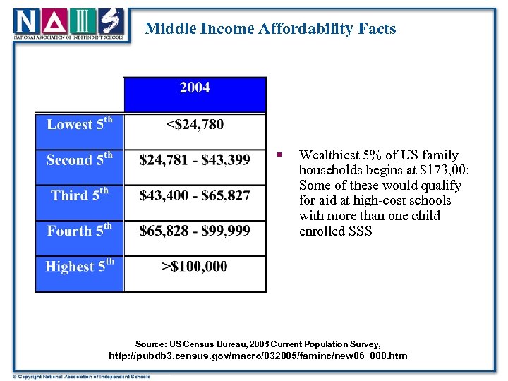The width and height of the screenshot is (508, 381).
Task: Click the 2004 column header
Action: point(195,88)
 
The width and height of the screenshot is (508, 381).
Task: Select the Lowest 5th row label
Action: point(79,124)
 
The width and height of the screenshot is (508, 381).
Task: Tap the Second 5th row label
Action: point(79,160)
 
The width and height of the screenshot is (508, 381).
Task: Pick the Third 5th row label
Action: point(79,195)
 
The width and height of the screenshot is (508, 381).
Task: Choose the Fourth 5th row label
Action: point(79,231)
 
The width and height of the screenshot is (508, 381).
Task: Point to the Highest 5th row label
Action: point(79,267)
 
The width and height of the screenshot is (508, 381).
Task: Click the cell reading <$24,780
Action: point(195,125)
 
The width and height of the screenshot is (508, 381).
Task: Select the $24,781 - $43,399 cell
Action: point(195,160)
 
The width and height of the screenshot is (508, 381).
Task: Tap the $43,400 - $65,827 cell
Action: point(195,195)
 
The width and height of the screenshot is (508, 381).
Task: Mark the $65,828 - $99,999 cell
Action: point(195,231)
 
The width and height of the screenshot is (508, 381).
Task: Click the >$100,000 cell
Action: point(195,267)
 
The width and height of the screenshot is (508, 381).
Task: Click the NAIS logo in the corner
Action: point(70,24)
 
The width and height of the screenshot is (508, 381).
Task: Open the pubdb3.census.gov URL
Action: point(258,356)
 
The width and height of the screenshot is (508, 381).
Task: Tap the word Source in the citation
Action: point(152,342)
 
